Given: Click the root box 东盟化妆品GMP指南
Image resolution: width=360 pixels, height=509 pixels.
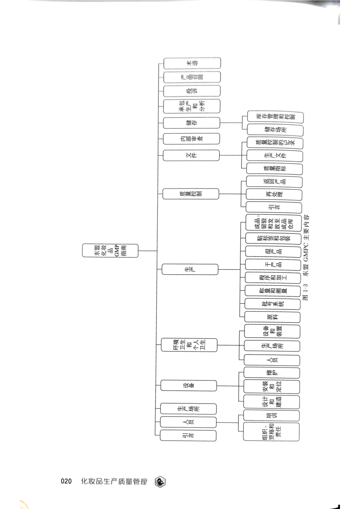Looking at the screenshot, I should click(x=110, y=251).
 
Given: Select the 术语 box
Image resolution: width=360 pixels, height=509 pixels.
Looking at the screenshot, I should click(x=192, y=63).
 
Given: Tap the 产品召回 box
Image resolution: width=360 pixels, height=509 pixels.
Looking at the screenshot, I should click(x=192, y=77).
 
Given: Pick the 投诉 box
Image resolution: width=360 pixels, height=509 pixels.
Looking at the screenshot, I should click(x=192, y=91).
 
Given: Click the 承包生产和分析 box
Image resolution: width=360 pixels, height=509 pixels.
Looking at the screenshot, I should click(x=192, y=106).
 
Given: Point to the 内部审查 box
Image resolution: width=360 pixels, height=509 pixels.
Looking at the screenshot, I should click(x=191, y=139).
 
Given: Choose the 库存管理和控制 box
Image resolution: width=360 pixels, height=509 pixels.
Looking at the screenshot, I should click(x=275, y=117).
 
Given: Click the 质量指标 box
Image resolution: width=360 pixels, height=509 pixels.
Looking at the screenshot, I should click(x=274, y=168).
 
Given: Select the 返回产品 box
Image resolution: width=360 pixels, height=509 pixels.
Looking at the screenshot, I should click(x=274, y=182).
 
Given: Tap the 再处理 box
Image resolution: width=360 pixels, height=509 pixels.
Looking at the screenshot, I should click(x=274, y=195).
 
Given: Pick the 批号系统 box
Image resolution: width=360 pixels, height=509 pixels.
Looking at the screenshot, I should click(x=273, y=304).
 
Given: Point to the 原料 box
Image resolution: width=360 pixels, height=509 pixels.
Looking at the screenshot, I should click(x=272, y=317).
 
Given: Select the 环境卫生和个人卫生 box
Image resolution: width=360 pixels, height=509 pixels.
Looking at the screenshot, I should click(x=189, y=345).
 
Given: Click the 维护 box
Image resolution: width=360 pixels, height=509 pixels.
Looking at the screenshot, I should click(x=272, y=373).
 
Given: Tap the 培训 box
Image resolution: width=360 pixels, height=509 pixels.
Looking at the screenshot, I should click(x=271, y=416).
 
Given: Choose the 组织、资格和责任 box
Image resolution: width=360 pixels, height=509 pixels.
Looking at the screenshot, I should click(x=271, y=432).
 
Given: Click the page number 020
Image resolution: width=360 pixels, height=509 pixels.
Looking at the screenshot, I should click(x=66, y=481).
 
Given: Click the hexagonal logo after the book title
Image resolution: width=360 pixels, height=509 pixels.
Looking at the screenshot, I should click(x=160, y=482).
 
